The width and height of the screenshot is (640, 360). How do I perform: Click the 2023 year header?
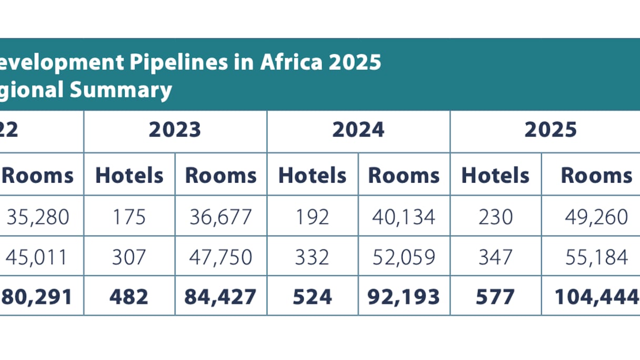tap(175, 129)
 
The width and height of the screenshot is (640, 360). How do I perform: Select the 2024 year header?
tap(358, 129)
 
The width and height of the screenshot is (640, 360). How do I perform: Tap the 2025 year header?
tap(551, 129)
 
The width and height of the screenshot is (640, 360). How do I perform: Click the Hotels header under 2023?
tap(129, 175)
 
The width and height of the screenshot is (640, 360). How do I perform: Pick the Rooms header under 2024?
tap(404, 175)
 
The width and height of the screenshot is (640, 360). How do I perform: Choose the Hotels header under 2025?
tap(495, 175)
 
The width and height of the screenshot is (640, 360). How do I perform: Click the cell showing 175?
tap(129, 216)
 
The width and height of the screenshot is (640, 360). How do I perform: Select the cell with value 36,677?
tap(221, 216)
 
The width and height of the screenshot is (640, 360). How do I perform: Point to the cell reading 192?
tap(313, 216)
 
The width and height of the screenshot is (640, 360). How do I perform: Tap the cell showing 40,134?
tap(404, 216)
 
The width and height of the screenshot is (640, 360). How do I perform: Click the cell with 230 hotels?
tap(495, 216)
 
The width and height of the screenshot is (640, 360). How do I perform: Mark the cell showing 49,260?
tap(596, 216)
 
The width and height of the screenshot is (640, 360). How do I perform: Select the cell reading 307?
tap(129, 257)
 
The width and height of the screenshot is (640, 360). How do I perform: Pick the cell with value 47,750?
tap(221, 257)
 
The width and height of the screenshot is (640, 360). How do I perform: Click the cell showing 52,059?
tap(404, 257)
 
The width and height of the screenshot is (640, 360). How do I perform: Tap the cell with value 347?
tap(495, 257)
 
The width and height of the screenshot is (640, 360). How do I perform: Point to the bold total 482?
tap(129, 297)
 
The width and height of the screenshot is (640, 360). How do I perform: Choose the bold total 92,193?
tap(404, 297)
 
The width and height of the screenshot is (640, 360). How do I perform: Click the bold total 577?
tap(495, 297)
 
